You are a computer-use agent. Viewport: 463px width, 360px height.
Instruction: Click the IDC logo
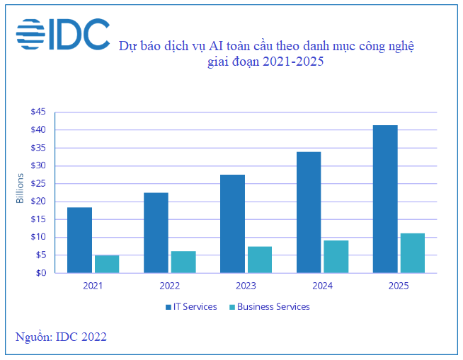coord(62,34)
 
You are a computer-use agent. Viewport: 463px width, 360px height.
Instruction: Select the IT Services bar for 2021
coord(79,240)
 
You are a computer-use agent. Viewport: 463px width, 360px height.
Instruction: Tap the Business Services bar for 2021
coord(107,264)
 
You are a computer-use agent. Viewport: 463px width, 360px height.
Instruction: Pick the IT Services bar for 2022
coord(156,233)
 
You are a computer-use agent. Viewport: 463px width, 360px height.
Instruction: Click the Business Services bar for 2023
coord(260,260)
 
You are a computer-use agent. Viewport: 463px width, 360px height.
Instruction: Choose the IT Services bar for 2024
coord(309,212)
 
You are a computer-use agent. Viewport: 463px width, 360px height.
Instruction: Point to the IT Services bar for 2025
coord(385,199)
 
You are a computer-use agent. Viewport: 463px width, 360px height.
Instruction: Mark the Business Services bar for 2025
coord(413,253)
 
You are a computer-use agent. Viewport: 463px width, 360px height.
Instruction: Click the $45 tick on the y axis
coord(38,112)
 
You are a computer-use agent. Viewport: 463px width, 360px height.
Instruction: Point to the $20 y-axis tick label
coord(38,202)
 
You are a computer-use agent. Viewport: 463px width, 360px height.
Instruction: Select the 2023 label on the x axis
coord(246,286)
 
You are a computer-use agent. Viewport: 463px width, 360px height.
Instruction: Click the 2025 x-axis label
coord(399,286)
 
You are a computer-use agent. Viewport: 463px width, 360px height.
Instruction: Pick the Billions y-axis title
coord(20,189)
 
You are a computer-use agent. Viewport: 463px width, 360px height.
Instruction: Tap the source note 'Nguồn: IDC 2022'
coord(61,337)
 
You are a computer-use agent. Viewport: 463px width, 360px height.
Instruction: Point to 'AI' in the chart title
coord(215,47)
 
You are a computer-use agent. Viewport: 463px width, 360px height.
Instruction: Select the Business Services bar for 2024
coord(336,257)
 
